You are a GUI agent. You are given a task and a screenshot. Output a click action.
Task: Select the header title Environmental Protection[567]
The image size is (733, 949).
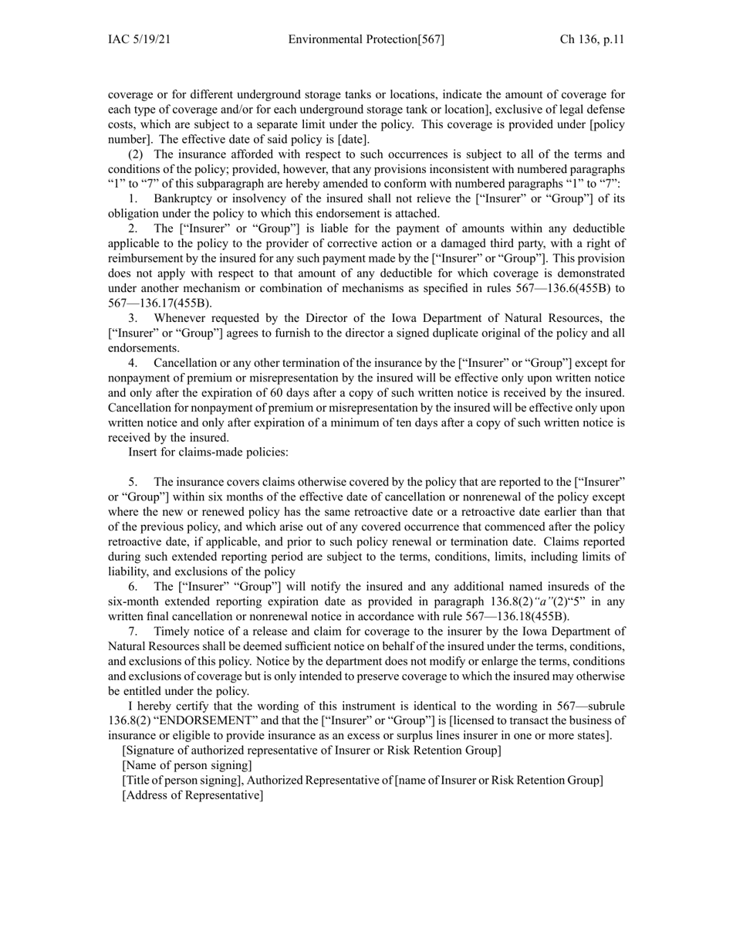(366, 39)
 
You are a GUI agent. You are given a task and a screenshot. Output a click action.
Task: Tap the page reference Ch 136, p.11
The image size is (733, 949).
(592, 39)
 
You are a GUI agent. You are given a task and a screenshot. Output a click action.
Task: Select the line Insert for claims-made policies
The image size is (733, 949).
(208, 452)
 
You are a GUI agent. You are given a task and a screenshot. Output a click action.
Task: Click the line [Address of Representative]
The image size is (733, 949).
(193, 795)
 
